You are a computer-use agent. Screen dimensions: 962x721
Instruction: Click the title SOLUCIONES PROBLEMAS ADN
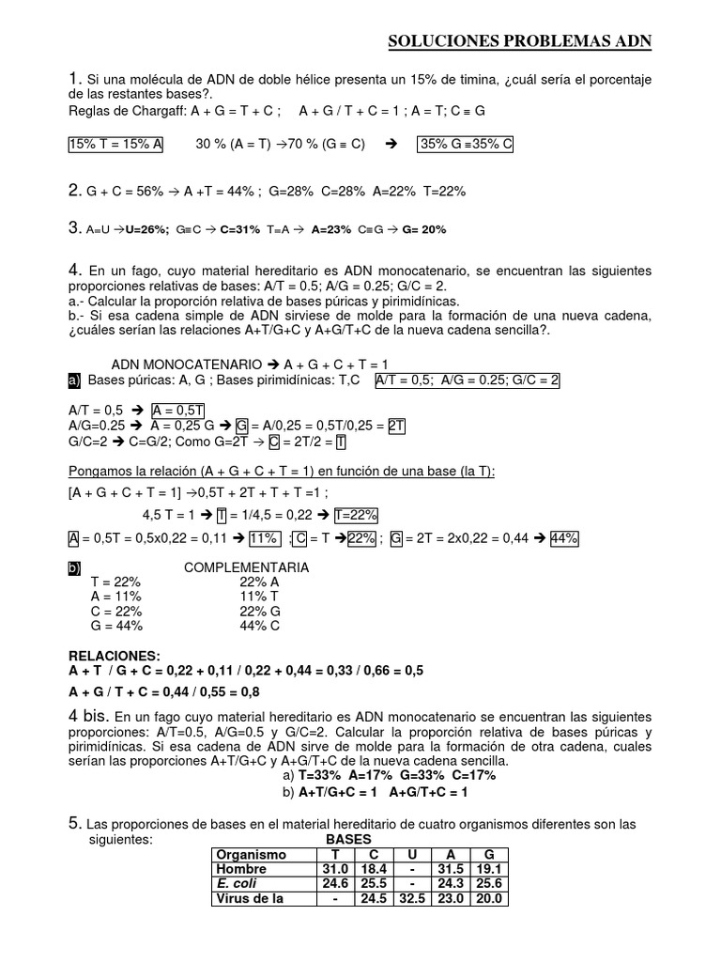click(519, 41)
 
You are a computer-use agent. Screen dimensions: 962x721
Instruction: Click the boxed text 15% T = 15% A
click(116, 145)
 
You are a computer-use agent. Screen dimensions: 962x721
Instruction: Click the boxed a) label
click(74, 380)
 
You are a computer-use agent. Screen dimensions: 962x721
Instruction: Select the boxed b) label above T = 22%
click(74, 568)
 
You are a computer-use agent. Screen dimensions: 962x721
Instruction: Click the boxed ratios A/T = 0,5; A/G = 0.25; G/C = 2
click(468, 380)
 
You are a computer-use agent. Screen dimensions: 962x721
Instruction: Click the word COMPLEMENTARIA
click(247, 568)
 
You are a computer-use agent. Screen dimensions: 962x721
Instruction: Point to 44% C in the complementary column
click(260, 626)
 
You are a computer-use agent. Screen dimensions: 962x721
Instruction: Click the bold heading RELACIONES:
click(115, 655)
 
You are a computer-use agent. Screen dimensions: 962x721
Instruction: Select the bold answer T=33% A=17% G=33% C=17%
click(397, 776)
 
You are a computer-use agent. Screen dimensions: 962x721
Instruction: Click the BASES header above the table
click(348, 839)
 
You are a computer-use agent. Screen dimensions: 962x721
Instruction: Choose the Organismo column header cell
click(250, 855)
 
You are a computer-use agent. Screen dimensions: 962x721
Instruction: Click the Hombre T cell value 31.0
click(336, 870)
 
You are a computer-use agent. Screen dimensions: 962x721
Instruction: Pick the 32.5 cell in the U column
click(409, 899)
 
